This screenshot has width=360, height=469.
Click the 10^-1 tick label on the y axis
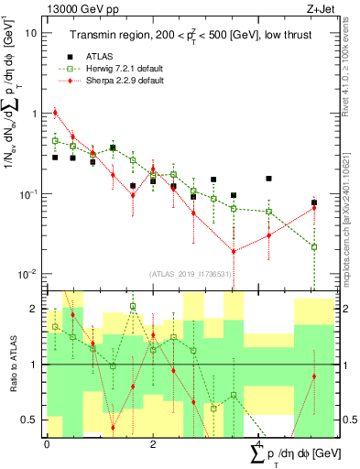(27, 194)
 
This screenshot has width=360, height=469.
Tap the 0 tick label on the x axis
(48, 444)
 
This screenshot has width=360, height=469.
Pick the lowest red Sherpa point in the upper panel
(234, 251)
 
